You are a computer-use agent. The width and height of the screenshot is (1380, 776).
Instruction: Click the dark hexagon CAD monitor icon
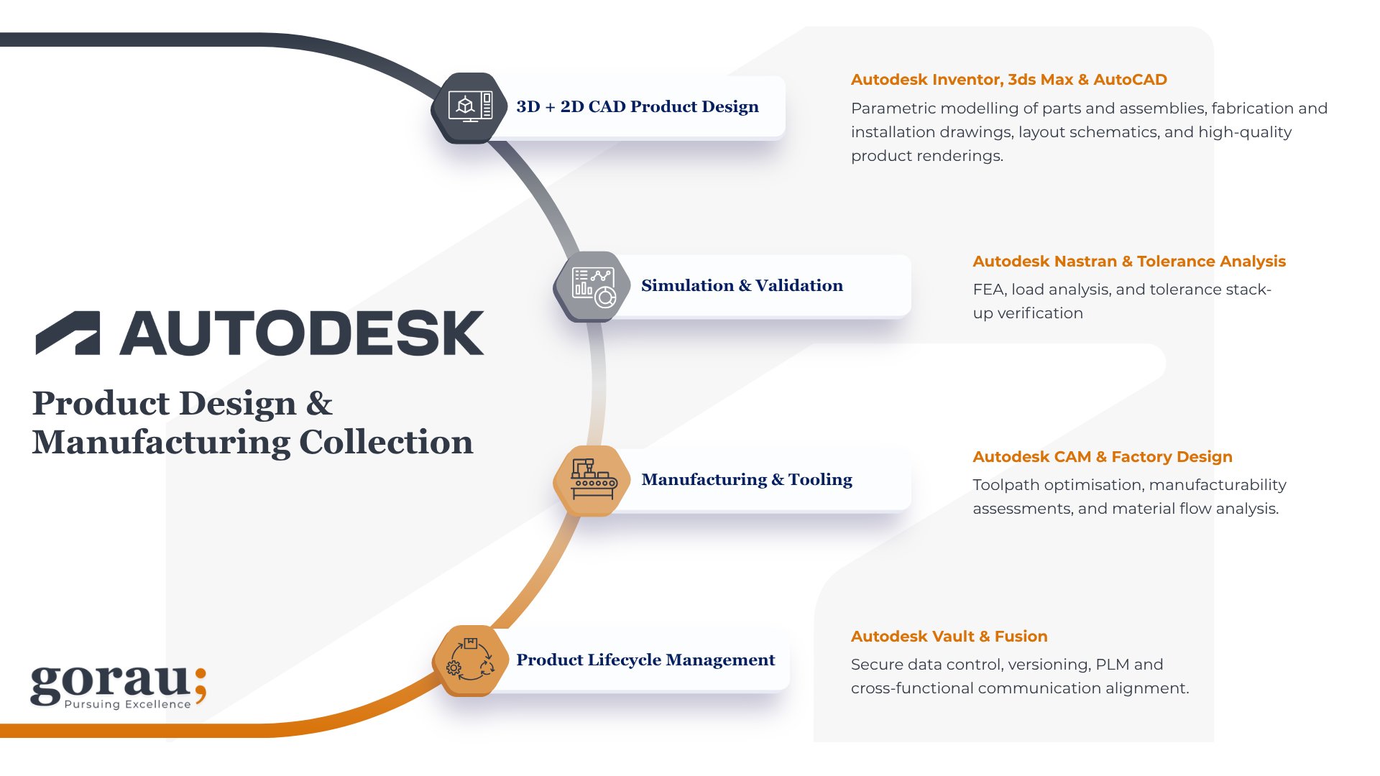click(470, 108)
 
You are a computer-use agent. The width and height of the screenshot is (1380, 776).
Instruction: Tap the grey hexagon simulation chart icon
click(593, 287)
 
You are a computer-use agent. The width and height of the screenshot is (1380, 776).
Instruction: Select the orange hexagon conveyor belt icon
click(593, 480)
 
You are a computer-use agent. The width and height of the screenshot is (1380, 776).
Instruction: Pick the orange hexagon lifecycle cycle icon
click(470, 660)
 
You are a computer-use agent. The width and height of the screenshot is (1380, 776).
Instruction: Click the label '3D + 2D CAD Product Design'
click(637, 107)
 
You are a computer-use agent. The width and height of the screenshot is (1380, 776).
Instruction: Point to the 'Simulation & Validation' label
click(742, 286)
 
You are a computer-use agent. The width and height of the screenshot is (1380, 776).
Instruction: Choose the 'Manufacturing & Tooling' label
click(746, 480)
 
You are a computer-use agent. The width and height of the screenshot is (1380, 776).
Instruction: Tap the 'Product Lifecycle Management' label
click(645, 660)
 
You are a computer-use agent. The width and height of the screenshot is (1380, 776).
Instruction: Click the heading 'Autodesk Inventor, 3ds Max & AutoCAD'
click(1008, 80)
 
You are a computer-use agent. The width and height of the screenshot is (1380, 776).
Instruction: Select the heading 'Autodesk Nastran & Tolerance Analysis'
click(1128, 262)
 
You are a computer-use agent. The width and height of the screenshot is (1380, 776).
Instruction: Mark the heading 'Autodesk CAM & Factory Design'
click(1102, 457)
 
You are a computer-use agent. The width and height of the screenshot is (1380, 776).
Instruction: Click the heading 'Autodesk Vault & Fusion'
click(949, 637)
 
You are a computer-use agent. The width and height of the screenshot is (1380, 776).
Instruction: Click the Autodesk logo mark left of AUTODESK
click(68, 333)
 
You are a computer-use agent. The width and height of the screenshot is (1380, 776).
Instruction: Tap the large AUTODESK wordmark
click(302, 333)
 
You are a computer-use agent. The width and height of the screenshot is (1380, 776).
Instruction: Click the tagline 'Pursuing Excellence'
click(127, 704)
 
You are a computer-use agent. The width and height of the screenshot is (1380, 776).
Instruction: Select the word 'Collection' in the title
click(386, 443)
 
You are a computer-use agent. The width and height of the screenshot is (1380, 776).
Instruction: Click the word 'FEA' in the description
click(989, 290)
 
